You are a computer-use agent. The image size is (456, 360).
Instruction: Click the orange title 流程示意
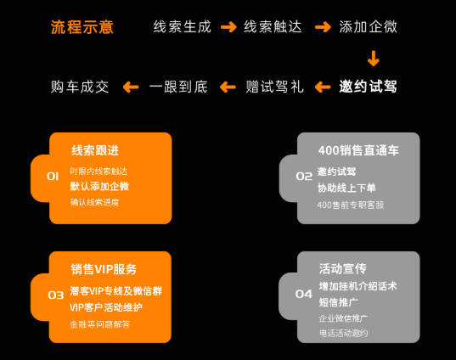[x=82, y=27]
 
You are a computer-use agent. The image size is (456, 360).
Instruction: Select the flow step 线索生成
[x=181, y=27]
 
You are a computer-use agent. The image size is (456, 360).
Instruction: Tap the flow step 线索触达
[x=272, y=27]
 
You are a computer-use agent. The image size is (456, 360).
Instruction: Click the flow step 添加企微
[x=367, y=27]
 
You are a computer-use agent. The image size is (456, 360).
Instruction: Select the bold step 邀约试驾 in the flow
[x=368, y=87]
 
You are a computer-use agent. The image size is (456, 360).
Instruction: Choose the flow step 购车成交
[x=81, y=87]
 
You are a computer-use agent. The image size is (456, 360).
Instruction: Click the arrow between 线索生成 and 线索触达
[x=228, y=27]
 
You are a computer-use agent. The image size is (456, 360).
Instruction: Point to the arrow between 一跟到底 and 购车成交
[x=130, y=87]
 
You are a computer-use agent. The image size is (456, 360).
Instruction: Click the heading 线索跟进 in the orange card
[x=94, y=150]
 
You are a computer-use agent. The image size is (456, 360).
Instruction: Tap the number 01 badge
[x=53, y=176]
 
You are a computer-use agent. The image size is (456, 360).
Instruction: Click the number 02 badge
[x=303, y=176]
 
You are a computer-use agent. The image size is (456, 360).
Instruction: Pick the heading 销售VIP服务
[x=103, y=268]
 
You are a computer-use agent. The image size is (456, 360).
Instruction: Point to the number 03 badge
[x=55, y=295]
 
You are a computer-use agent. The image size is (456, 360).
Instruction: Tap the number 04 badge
[x=303, y=294]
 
